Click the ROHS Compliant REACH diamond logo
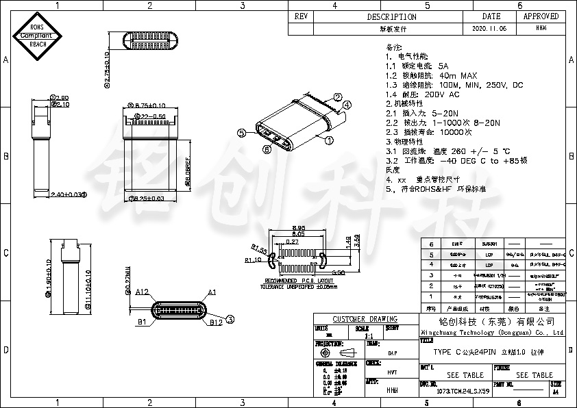(x=38, y=36)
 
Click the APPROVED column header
(x=541, y=16)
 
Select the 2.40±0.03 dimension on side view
(x=69, y=195)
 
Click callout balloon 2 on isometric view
(x=337, y=97)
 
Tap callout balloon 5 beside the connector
(x=241, y=133)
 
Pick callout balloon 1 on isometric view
(x=329, y=140)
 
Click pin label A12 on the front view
(x=142, y=292)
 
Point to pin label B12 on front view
(x=215, y=322)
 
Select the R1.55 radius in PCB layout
(x=258, y=248)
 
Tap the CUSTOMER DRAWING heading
(x=365, y=319)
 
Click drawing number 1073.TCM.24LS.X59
(x=463, y=391)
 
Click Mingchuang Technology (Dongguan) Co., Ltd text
(x=491, y=331)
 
